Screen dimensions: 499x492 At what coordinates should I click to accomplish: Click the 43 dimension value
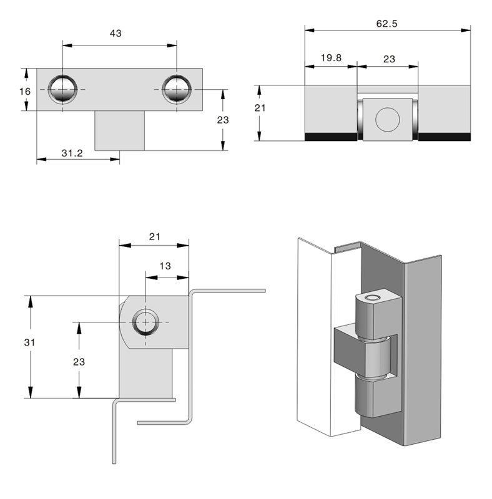116,34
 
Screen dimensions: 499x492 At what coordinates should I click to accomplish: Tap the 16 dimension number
25,91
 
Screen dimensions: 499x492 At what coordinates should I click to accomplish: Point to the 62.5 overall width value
387,24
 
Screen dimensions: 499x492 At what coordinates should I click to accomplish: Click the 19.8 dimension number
330,58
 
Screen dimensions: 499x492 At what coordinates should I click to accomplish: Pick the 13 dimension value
165,266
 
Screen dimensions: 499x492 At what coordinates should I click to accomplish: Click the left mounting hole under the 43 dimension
63,89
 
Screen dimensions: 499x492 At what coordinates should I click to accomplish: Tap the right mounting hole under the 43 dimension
177,89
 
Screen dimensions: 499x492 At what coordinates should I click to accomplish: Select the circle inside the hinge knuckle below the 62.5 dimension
387,119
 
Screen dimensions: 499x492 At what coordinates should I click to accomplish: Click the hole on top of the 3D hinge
373,298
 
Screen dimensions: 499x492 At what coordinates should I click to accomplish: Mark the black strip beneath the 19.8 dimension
330,137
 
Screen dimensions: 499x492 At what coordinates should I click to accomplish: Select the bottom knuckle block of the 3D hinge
374,397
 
